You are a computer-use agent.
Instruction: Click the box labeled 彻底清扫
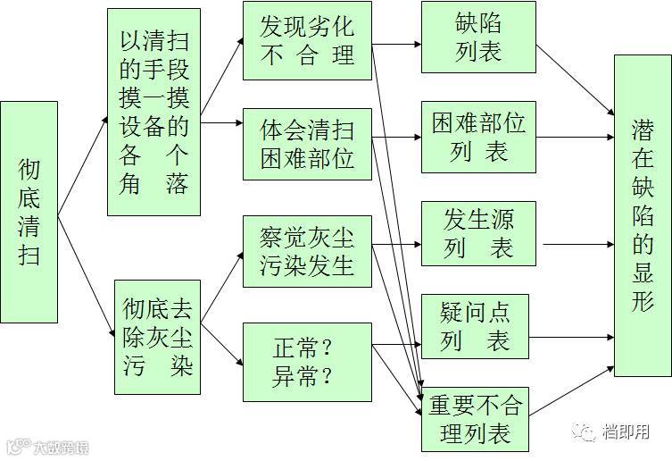29,212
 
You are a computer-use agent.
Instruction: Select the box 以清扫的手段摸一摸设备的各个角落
153,112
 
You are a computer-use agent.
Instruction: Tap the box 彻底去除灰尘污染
157,337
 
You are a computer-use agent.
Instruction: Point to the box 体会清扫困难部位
307,143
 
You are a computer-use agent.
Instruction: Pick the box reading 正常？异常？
307,362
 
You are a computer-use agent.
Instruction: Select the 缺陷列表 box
478,37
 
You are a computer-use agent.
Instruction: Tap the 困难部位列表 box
478,137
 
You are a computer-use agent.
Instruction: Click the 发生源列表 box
478,233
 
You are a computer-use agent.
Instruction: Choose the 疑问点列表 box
478,327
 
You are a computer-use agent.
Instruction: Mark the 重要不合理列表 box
478,419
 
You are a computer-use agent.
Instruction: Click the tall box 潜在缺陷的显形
643,214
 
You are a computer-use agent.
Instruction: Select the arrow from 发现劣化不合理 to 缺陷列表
396,42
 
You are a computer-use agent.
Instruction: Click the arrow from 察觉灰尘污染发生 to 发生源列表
396,243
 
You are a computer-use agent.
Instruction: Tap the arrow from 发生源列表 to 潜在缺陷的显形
576,244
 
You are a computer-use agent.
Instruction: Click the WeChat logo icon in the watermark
587,432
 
